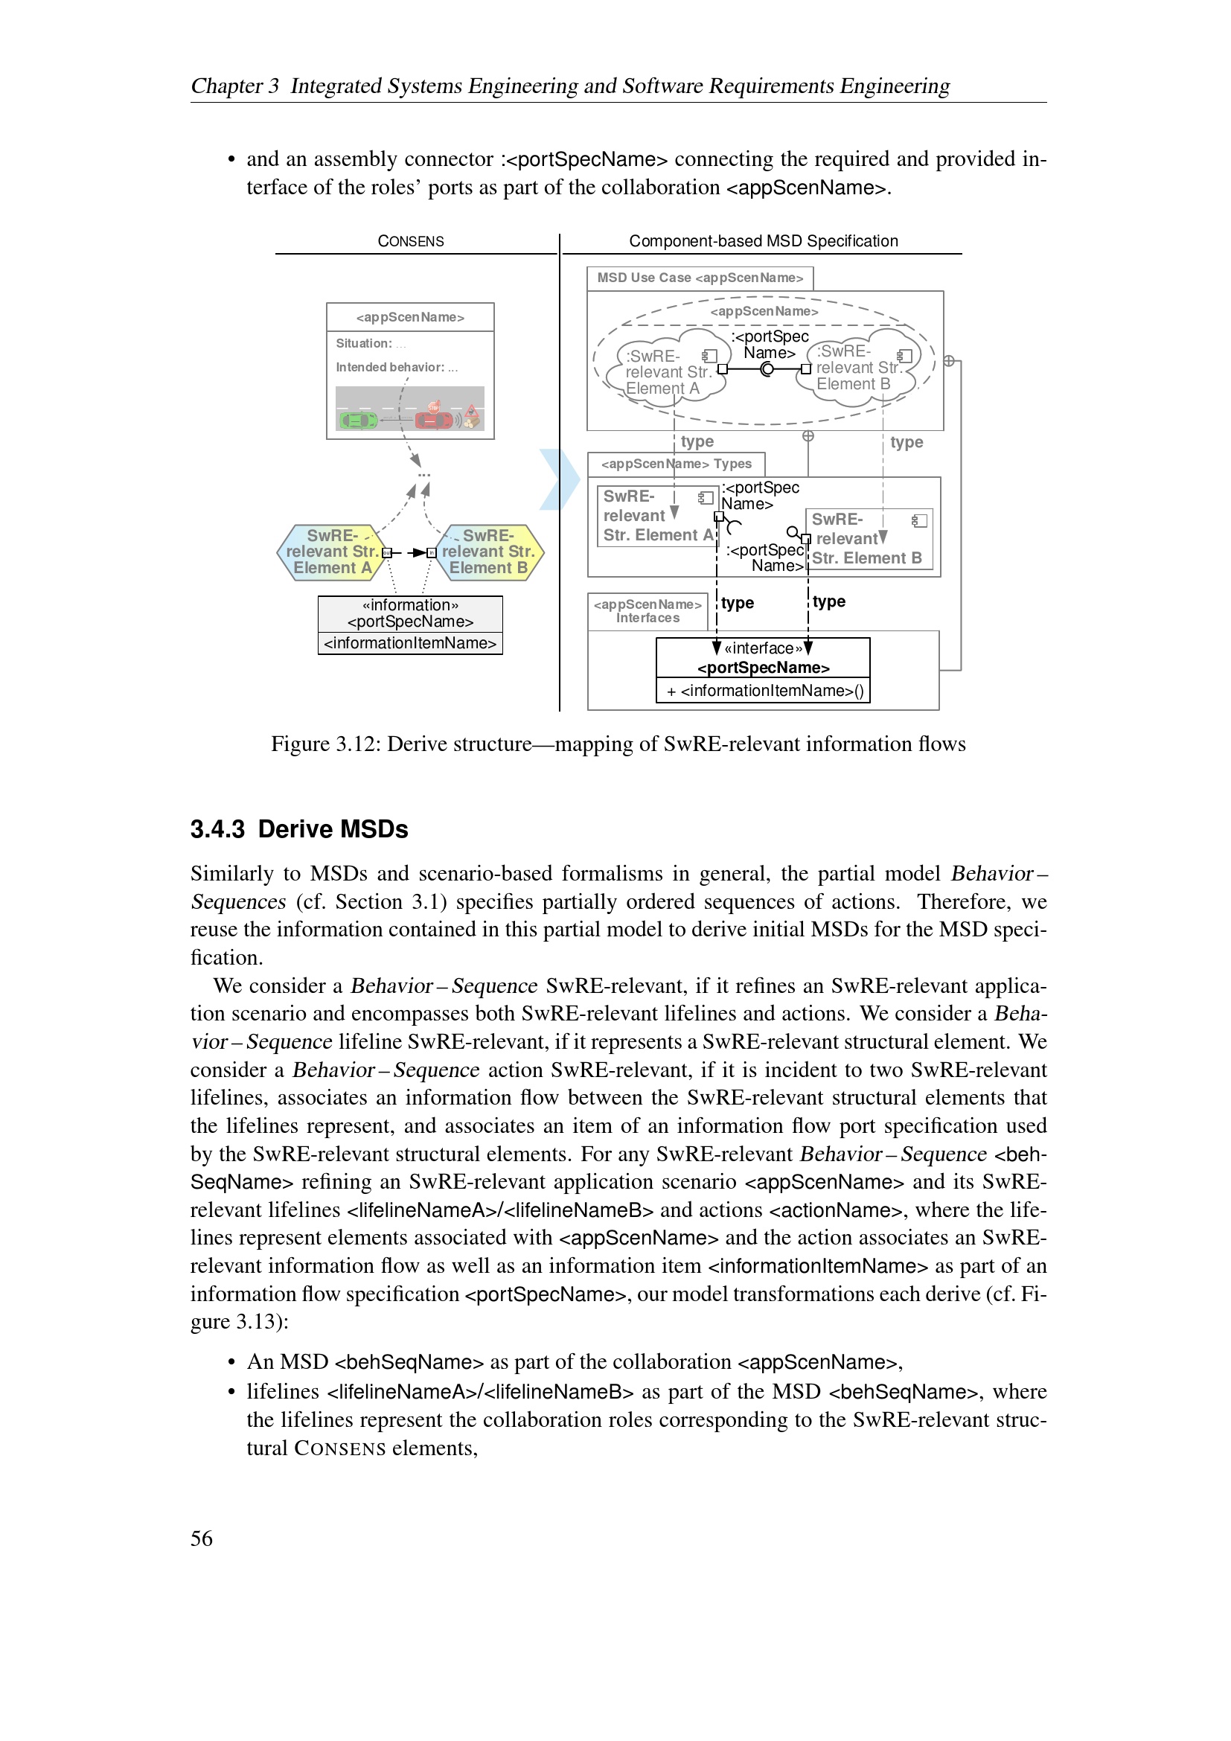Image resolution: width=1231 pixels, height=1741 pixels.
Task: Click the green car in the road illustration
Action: click(358, 419)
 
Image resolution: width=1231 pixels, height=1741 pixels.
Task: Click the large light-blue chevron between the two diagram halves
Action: click(560, 479)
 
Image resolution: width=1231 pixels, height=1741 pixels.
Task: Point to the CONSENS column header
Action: click(410, 241)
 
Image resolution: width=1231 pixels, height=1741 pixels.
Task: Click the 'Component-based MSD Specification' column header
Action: click(763, 241)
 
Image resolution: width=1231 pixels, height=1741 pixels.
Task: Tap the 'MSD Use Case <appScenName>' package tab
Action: click(699, 278)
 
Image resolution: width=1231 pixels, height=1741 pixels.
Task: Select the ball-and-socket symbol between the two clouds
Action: click(767, 369)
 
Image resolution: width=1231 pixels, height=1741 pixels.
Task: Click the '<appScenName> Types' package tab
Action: click(676, 464)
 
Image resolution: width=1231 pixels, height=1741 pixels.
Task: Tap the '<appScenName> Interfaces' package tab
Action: click(648, 611)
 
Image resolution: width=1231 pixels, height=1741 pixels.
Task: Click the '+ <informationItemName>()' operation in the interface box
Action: click(764, 691)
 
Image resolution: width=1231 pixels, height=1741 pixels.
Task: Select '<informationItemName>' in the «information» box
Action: click(410, 643)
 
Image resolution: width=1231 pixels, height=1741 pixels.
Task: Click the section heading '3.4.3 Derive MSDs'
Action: click(298, 829)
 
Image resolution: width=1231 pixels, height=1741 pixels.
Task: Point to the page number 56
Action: click(202, 1538)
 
